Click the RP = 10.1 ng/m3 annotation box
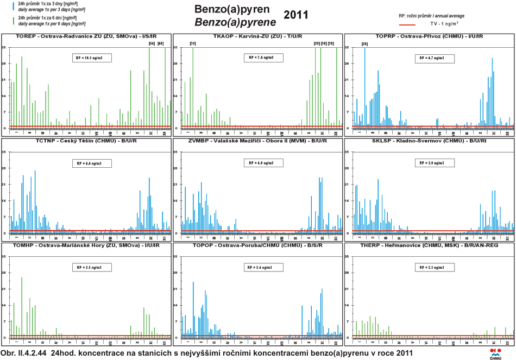coord(92,58)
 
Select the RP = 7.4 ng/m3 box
coord(263,58)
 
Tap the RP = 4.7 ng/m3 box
coord(435,58)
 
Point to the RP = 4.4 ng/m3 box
coord(92,162)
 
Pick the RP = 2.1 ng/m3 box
coord(435,267)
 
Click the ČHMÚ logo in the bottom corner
coord(496,352)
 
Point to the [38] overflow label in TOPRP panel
coord(364,43)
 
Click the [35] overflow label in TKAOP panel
coord(192,43)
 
